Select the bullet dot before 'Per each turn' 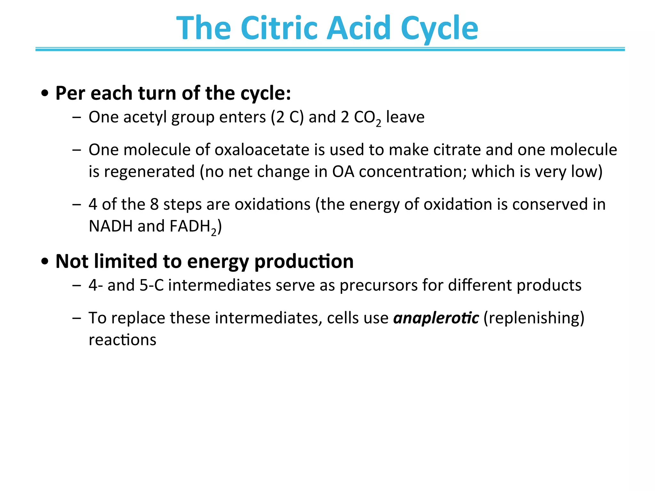(x=45, y=94)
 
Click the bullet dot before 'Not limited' (x=45, y=261)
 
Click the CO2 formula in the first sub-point (x=367, y=118)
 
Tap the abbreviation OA (x=343, y=172)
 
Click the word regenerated (x=149, y=172)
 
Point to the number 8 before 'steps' (x=154, y=204)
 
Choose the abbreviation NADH (x=111, y=226)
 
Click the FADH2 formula (x=193, y=227)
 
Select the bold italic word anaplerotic (x=436, y=318)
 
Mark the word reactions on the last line (x=122, y=340)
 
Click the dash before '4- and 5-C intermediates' (x=77, y=285)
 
